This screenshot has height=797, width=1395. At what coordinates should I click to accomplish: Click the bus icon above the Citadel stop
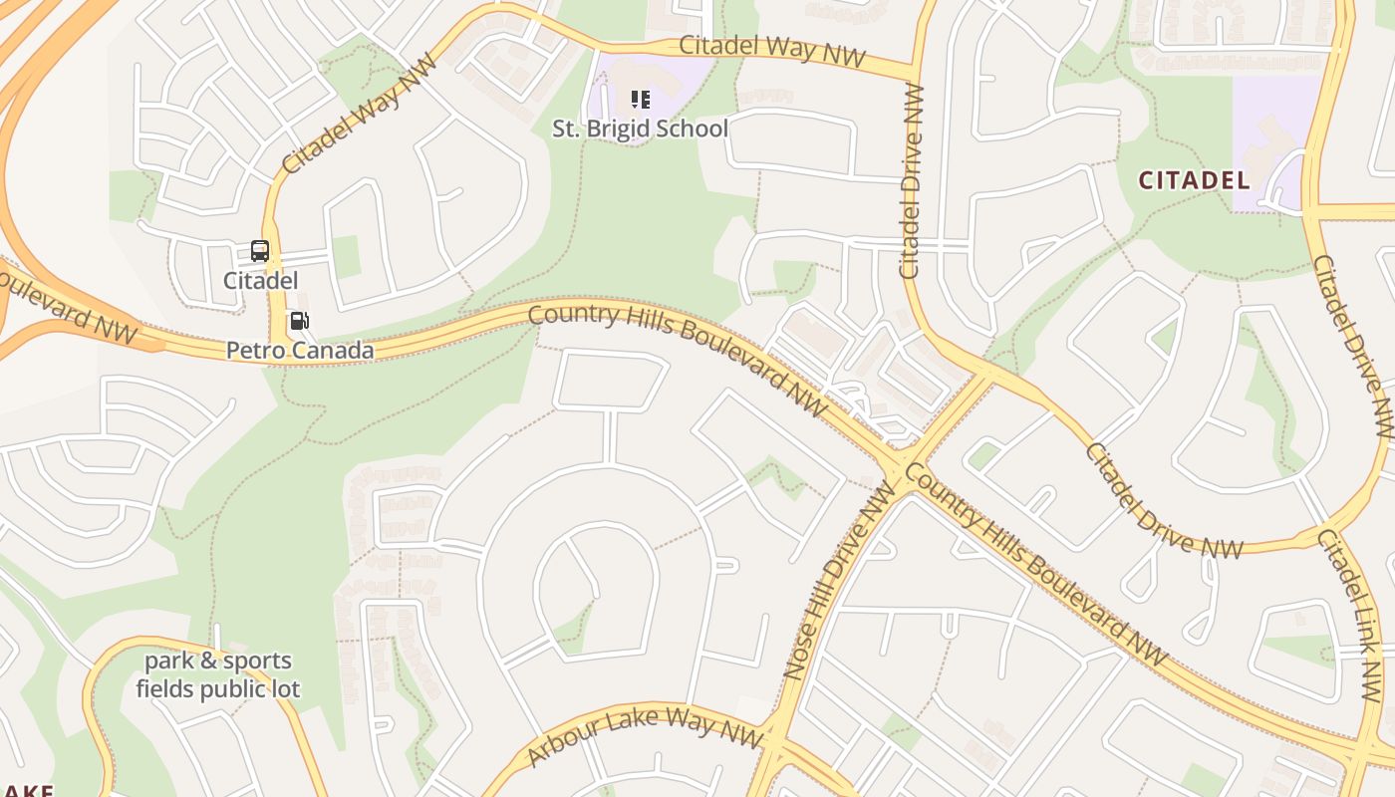click(x=260, y=251)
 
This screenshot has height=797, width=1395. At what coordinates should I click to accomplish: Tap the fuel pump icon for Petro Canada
click(x=299, y=321)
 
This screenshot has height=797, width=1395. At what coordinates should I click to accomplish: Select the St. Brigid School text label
click(x=641, y=129)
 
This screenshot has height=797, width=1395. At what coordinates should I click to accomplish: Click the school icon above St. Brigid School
click(x=641, y=100)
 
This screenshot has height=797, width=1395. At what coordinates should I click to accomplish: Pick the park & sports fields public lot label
click(x=218, y=674)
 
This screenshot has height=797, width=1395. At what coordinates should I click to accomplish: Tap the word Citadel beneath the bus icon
click(x=260, y=280)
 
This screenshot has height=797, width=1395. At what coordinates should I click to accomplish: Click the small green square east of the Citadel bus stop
click(x=346, y=256)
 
